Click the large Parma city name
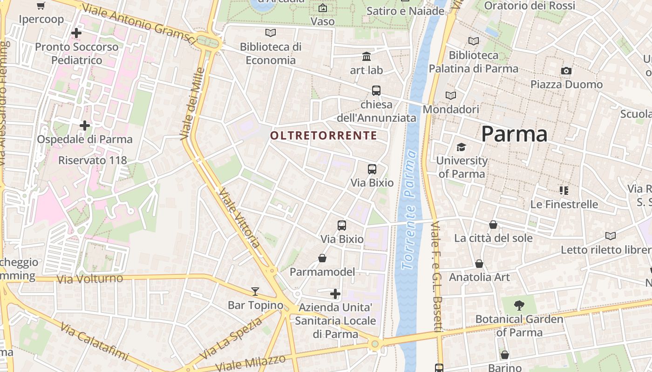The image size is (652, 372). (x=514, y=134)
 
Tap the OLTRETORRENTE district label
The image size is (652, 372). (x=324, y=135)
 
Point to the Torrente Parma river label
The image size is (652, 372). (x=408, y=209)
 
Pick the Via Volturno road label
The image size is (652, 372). (x=89, y=279)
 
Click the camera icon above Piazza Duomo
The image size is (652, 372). (x=566, y=71)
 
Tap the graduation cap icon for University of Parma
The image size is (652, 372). (x=461, y=147)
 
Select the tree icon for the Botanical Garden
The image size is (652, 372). (x=519, y=306)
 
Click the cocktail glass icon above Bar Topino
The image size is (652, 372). (x=255, y=292)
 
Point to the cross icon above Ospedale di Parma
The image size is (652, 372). (x=85, y=126)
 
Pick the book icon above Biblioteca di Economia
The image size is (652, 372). (x=270, y=33)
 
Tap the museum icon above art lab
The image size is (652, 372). (x=367, y=57)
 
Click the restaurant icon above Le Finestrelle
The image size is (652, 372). (x=564, y=191)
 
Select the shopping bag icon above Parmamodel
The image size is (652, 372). (x=322, y=258)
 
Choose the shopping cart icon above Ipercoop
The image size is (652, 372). (x=41, y=6)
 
